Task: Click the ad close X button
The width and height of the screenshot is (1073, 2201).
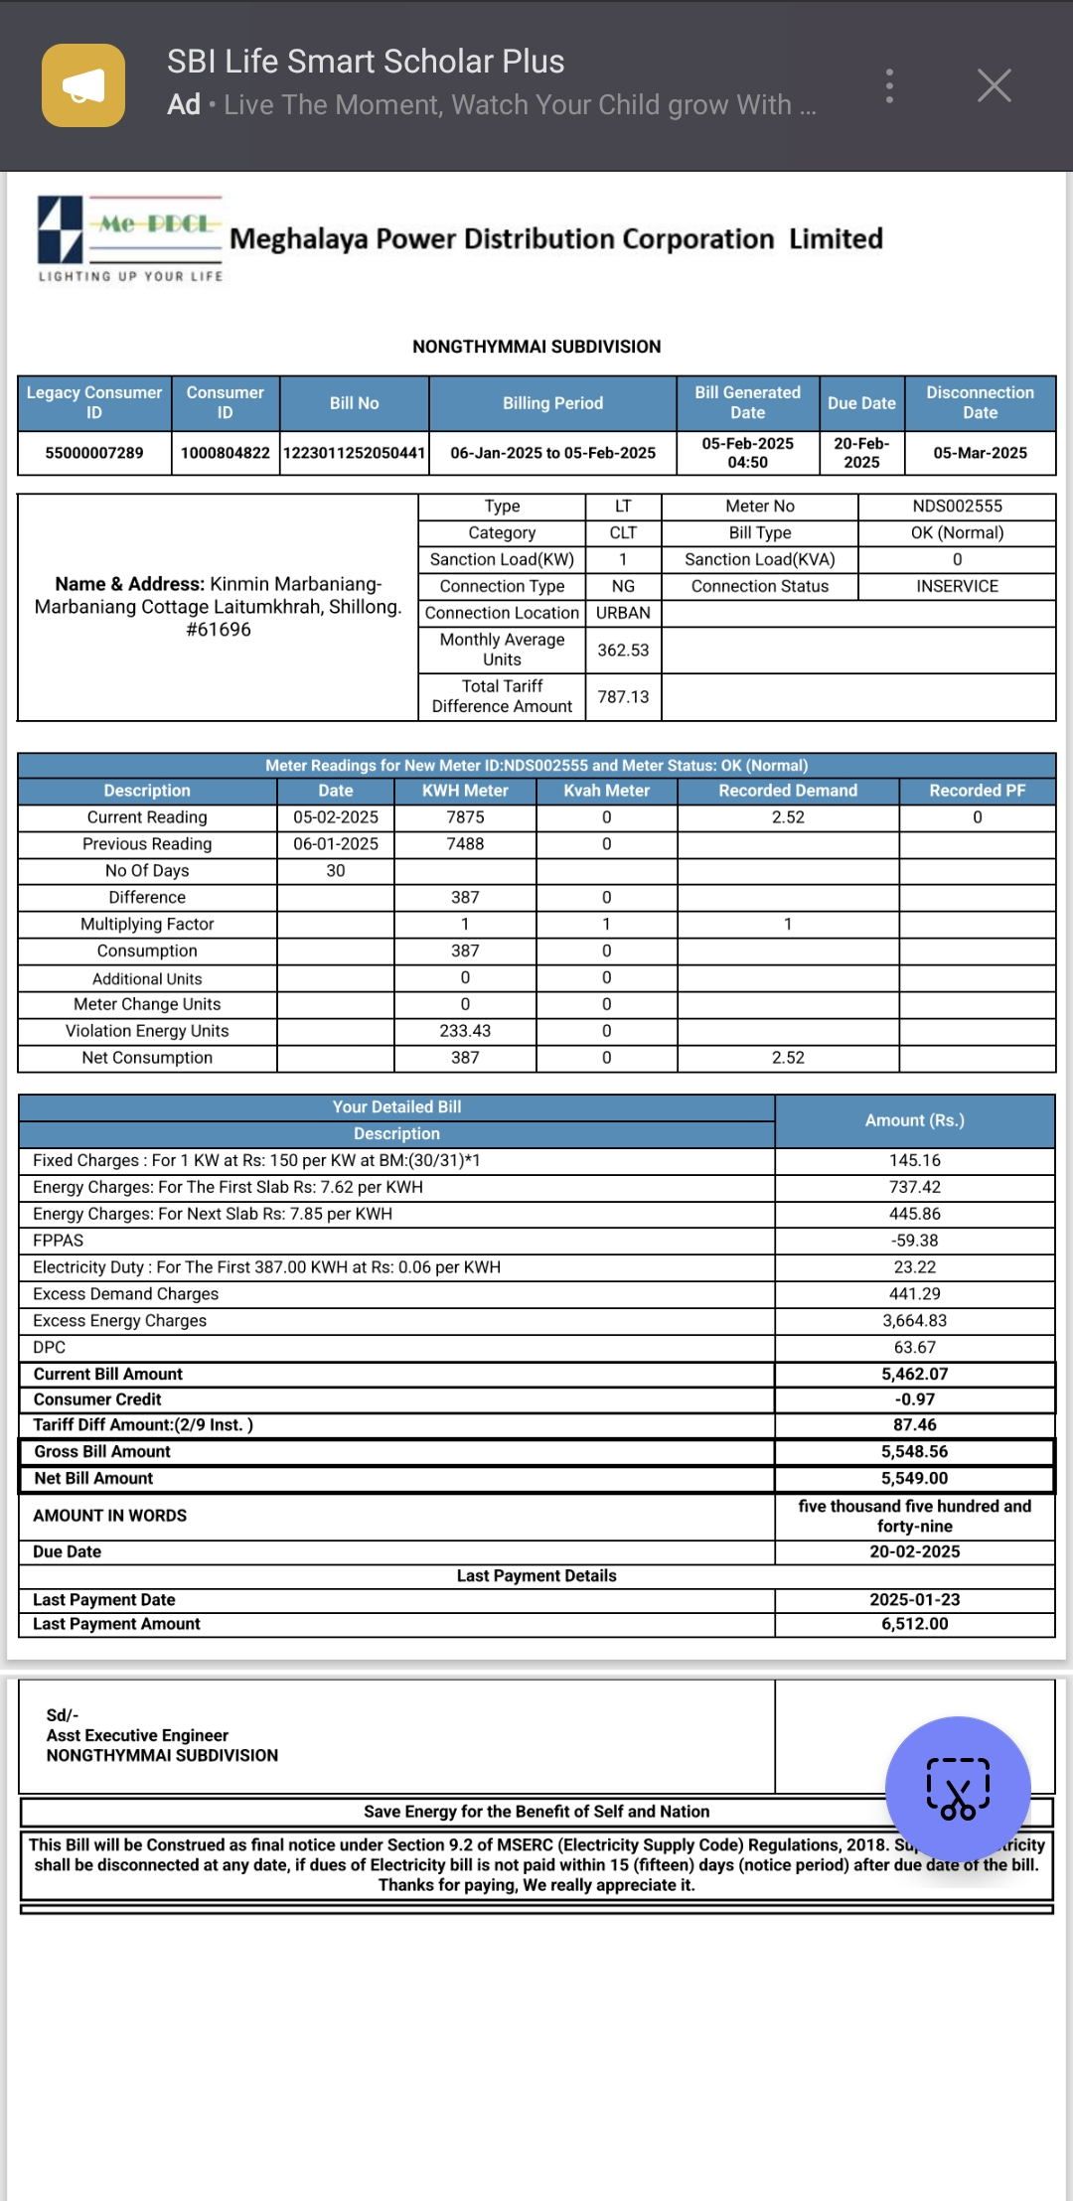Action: click(994, 86)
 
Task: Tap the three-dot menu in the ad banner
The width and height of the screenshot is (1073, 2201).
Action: click(889, 86)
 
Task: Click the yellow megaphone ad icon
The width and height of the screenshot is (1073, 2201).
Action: click(83, 85)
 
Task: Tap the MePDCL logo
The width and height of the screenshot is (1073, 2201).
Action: click(129, 238)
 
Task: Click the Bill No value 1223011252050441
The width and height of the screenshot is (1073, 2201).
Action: click(355, 453)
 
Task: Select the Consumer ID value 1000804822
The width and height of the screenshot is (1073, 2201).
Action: click(226, 453)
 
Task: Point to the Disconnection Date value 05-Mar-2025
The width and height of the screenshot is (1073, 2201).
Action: click(980, 453)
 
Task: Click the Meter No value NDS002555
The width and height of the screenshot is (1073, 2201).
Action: click(957, 507)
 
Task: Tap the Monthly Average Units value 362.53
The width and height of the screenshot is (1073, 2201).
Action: click(623, 651)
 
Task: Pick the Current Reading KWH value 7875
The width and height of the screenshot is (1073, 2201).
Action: click(465, 817)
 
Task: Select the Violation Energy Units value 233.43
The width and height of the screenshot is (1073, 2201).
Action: click(465, 1031)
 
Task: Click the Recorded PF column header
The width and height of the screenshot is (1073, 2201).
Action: click(977, 791)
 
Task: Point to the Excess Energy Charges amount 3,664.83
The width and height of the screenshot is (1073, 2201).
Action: click(914, 1321)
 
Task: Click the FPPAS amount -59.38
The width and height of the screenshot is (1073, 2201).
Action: click(914, 1241)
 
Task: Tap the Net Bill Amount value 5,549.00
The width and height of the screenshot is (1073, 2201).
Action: click(914, 1479)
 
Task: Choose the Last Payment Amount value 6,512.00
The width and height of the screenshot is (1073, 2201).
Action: click(914, 1624)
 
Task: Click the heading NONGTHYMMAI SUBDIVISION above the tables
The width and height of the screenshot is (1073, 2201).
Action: click(536, 347)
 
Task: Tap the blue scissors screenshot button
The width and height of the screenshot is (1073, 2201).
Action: click(958, 1789)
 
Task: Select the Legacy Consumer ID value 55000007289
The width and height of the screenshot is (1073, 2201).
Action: click(94, 453)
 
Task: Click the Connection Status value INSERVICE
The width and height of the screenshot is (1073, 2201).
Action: click(957, 587)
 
